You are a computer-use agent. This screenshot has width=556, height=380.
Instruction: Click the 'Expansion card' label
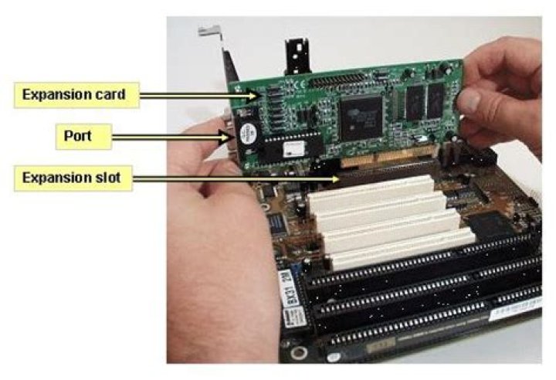[74, 94]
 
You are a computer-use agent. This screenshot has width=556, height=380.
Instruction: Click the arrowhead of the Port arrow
[229, 138]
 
